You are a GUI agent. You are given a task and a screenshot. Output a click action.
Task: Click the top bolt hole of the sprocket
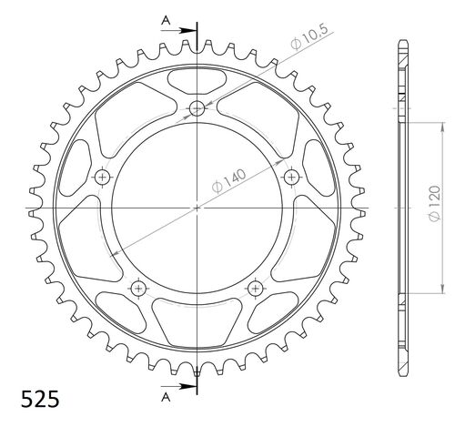(x=197, y=109)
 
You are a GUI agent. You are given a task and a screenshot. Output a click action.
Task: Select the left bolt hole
(x=102, y=177)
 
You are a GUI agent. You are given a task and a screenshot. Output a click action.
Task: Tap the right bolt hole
(x=292, y=176)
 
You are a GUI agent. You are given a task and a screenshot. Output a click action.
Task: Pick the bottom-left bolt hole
(x=138, y=288)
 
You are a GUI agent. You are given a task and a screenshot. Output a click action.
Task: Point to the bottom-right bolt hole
(x=256, y=288)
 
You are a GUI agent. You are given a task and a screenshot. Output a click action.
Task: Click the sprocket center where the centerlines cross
(x=197, y=208)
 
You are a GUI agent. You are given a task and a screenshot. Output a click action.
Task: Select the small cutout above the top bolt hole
(x=197, y=79)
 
